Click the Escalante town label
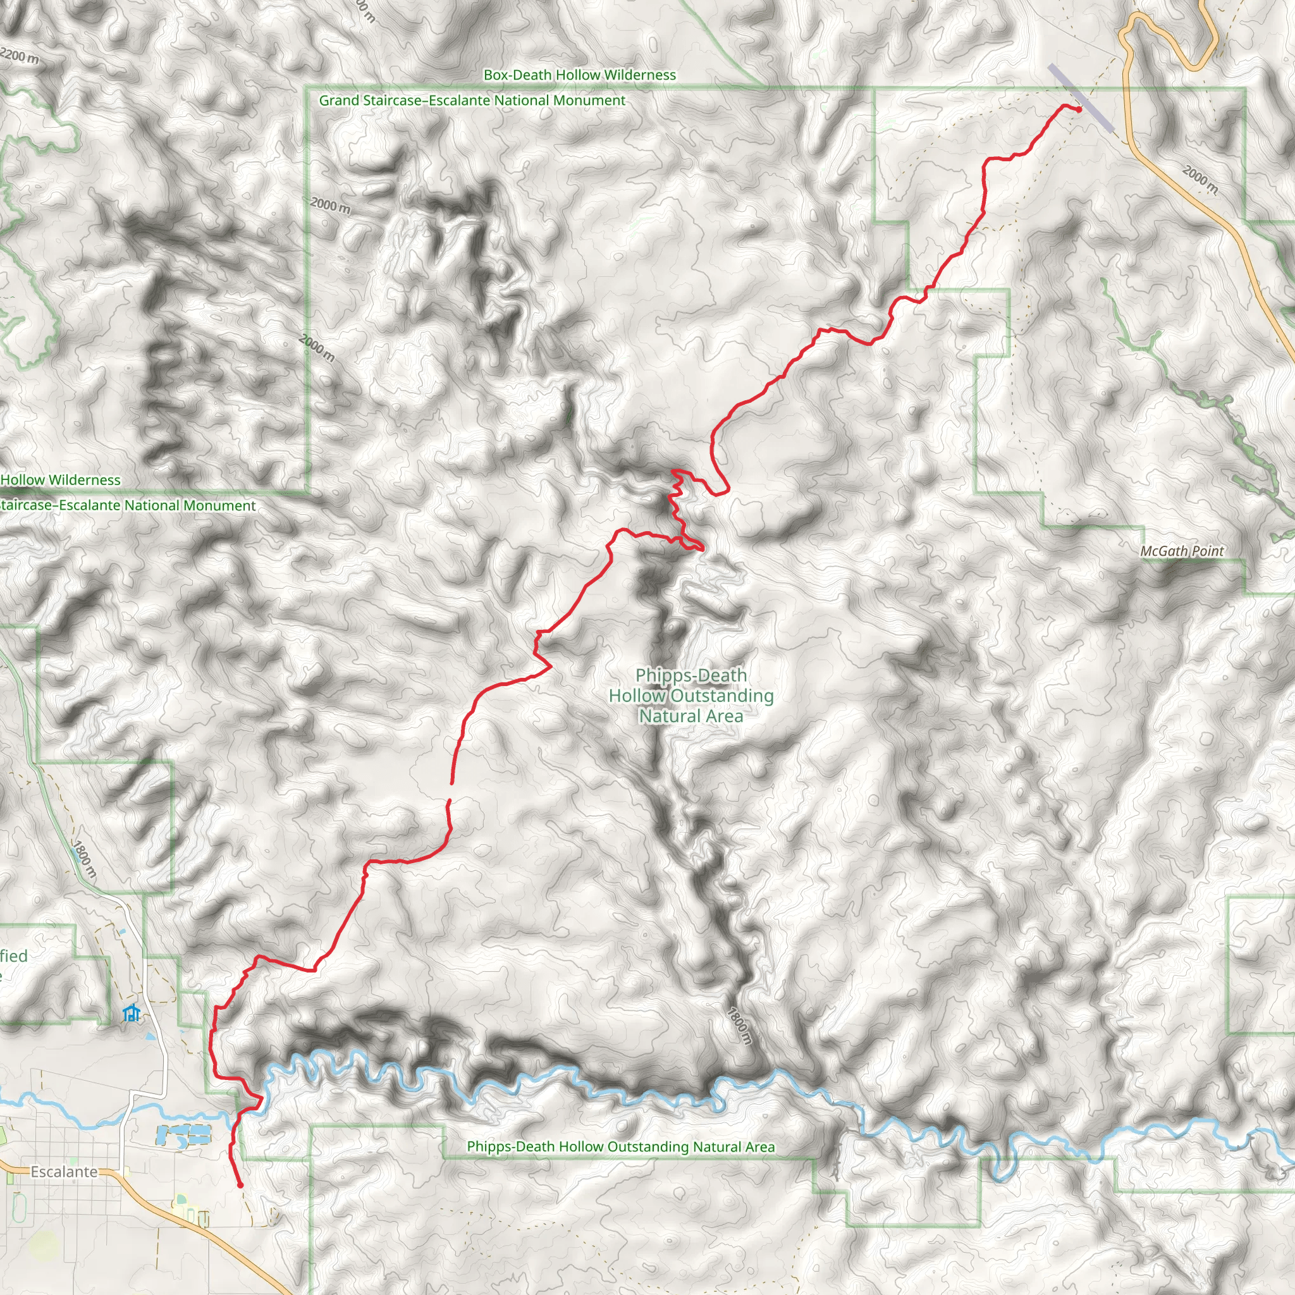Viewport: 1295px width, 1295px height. tap(64, 1172)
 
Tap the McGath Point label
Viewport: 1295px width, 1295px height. tap(1182, 551)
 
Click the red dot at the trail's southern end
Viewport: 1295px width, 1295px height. tap(240, 1185)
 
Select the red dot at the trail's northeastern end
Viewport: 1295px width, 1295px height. tap(1079, 109)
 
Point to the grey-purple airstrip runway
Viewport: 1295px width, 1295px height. tap(1081, 98)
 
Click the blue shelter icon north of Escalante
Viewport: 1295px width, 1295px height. tap(132, 1013)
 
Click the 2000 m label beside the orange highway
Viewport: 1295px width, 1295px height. tap(1200, 179)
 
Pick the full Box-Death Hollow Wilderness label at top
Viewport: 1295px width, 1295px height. tap(580, 75)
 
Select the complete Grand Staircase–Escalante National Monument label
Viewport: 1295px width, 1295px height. tap(472, 101)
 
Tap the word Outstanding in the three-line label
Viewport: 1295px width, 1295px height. tap(722, 696)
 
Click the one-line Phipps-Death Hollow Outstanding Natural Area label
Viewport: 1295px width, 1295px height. tap(621, 1147)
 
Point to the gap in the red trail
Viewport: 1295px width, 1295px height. tap(450, 792)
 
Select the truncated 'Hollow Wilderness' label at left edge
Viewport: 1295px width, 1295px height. tap(60, 480)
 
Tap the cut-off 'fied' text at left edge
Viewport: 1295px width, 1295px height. tap(13, 956)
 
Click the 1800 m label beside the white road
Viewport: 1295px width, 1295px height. tap(85, 859)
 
